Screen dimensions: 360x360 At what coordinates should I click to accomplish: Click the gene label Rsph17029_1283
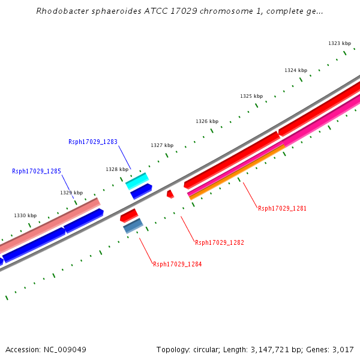click(93, 142)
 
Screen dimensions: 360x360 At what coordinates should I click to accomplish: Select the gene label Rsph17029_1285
click(37, 172)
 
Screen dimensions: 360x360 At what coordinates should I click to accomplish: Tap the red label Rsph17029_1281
click(282, 209)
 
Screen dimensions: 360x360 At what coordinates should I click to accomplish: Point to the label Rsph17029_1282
click(220, 243)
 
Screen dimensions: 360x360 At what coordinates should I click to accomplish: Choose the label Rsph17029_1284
click(178, 265)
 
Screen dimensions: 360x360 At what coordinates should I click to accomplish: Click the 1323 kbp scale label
click(340, 44)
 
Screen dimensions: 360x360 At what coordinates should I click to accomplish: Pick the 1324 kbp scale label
click(296, 71)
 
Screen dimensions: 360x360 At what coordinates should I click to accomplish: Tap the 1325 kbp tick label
click(251, 97)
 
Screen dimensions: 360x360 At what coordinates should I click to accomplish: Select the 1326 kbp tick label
click(207, 122)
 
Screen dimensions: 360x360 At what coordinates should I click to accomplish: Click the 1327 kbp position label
click(162, 146)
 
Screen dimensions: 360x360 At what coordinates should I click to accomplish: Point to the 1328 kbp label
click(117, 170)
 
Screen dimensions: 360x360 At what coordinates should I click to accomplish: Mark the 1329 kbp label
click(71, 193)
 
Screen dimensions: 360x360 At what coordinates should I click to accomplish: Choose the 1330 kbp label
click(25, 216)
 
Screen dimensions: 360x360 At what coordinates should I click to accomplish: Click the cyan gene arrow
click(137, 181)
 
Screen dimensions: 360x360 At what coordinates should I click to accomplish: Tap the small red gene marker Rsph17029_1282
click(170, 194)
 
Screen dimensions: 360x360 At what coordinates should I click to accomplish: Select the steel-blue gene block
click(133, 226)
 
